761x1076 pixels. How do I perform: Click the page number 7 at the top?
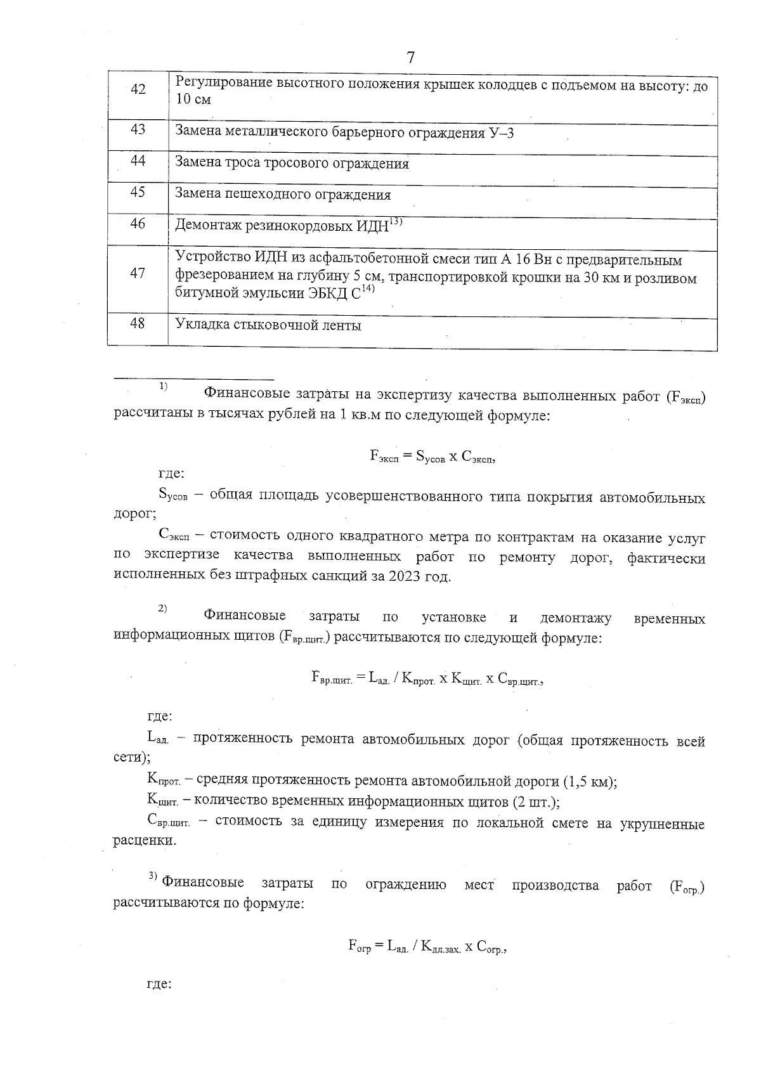click(x=410, y=58)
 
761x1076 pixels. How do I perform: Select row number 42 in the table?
click(x=138, y=89)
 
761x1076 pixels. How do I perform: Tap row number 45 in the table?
click(x=138, y=192)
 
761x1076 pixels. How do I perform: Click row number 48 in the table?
click(x=138, y=323)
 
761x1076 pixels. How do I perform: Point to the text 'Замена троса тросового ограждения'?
click(x=292, y=164)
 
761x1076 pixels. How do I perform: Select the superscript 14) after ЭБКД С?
click(x=369, y=289)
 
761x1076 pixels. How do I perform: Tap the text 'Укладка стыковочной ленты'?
click(x=268, y=326)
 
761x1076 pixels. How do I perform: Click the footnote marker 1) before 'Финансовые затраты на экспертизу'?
click(x=163, y=386)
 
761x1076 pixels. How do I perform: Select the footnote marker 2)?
click(x=163, y=608)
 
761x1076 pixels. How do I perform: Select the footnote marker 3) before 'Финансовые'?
click(x=153, y=876)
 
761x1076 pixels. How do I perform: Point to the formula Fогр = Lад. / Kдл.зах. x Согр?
click(x=429, y=947)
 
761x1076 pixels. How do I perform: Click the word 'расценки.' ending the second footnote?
click(x=145, y=841)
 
